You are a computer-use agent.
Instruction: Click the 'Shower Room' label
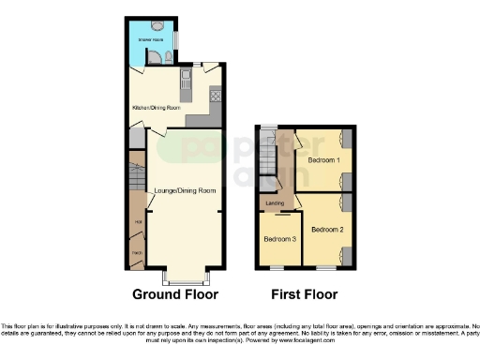(x=151, y=41)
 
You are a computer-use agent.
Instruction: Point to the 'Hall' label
(x=138, y=221)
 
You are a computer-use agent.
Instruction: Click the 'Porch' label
(x=137, y=254)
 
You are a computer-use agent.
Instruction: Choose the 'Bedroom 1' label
(x=322, y=160)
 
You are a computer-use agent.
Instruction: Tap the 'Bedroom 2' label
(x=327, y=229)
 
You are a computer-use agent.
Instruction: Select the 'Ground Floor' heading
(x=175, y=293)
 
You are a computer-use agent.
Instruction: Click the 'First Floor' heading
(x=304, y=293)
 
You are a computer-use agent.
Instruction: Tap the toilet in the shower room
(x=165, y=57)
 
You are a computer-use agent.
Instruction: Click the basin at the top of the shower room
(x=156, y=25)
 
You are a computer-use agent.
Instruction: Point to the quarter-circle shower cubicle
(x=138, y=59)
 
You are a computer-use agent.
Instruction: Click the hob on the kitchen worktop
(x=214, y=95)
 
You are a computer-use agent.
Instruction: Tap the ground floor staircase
(x=137, y=177)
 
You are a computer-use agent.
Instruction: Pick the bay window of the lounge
(x=184, y=278)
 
